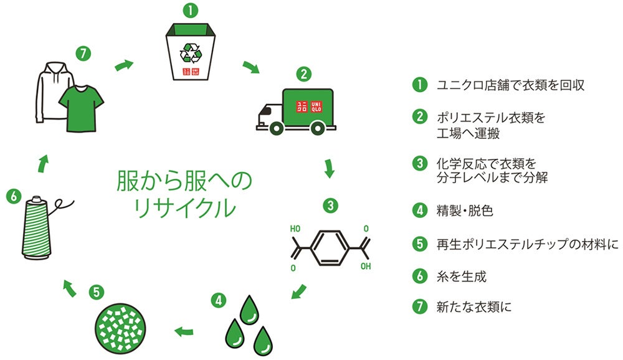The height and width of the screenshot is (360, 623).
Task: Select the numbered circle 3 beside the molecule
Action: click(x=331, y=204)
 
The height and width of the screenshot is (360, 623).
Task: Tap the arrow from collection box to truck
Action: click(x=250, y=67)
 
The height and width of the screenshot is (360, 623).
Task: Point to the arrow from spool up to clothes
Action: click(x=42, y=163)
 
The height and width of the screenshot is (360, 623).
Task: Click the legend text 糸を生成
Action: click(x=462, y=275)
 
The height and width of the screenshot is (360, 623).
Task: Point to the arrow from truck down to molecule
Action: click(x=329, y=168)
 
